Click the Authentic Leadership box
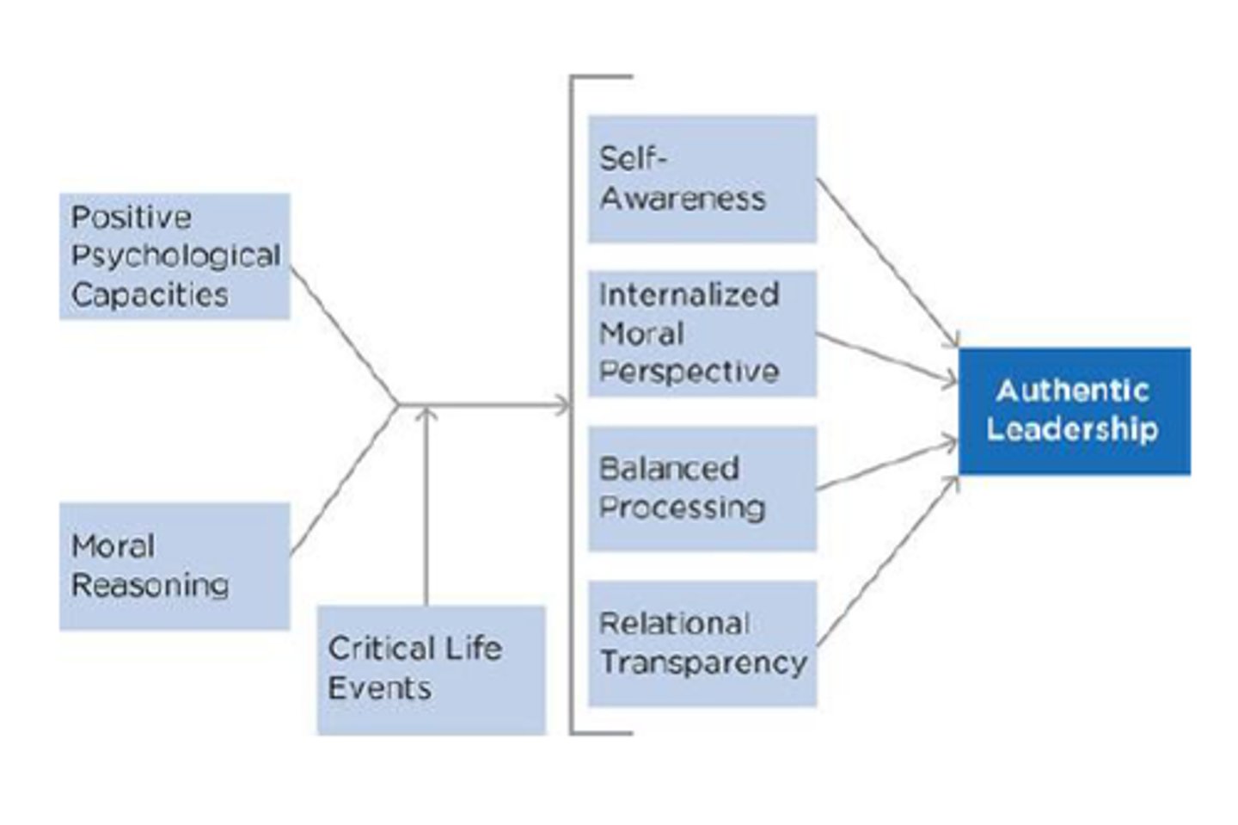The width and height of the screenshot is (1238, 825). (x=1074, y=410)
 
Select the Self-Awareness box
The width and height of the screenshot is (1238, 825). (x=702, y=178)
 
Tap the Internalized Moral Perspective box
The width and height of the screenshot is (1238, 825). (x=702, y=333)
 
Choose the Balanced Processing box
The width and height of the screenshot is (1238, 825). (x=702, y=488)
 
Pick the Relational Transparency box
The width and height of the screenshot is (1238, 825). (x=702, y=643)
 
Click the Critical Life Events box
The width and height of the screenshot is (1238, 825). (x=431, y=669)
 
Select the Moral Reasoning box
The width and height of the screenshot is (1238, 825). (x=175, y=566)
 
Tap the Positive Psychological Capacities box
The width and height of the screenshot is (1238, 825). (x=175, y=256)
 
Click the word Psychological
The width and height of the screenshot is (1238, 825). (x=175, y=256)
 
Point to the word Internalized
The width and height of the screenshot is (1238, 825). (x=689, y=294)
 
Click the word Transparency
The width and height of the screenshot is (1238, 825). (x=703, y=662)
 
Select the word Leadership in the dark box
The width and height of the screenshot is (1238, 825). (x=1072, y=428)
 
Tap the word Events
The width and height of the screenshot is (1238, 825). (x=379, y=688)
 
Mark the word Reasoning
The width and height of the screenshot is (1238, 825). (x=150, y=586)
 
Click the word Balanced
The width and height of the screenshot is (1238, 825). (x=669, y=469)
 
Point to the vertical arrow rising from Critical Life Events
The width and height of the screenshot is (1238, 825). (x=426, y=508)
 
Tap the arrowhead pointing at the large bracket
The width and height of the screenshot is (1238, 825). (x=562, y=404)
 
